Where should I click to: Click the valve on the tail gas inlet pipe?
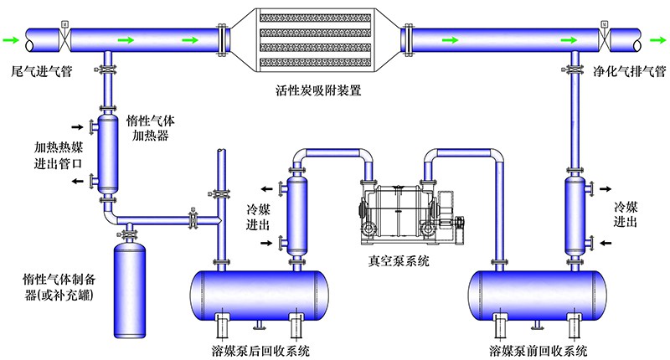(64, 38)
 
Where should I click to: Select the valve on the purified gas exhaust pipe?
(603, 38)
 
